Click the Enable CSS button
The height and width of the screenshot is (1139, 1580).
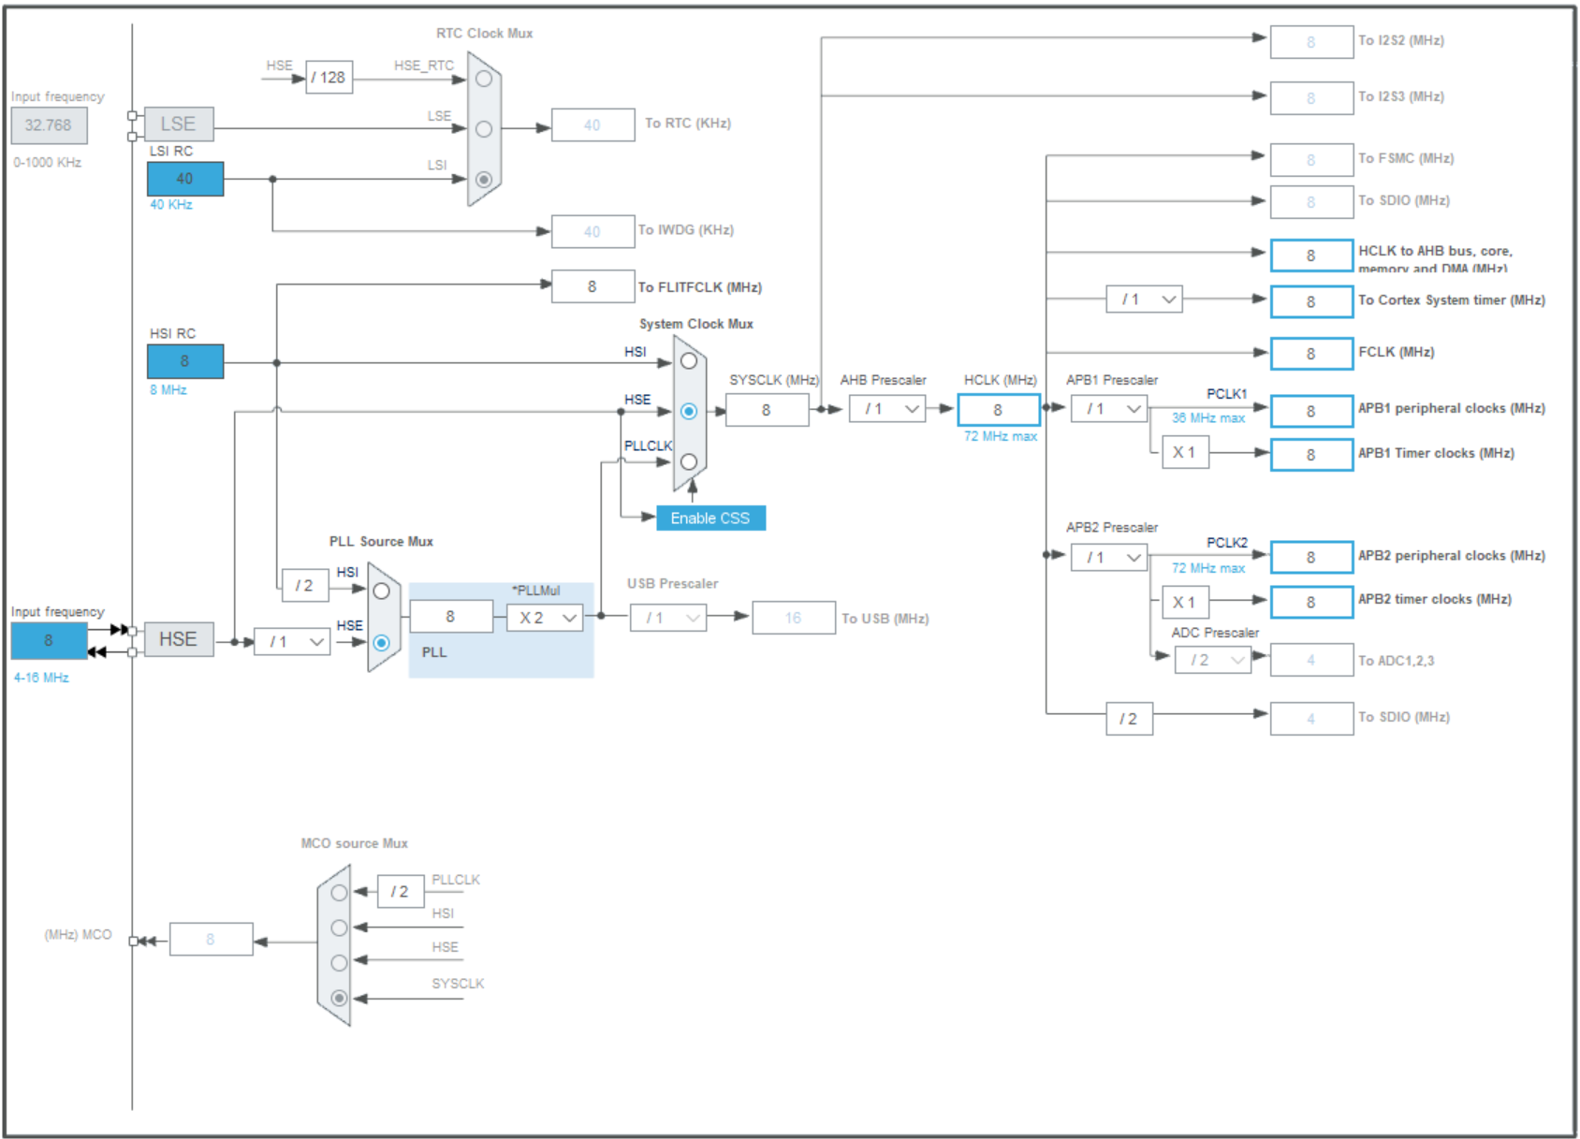[x=710, y=518]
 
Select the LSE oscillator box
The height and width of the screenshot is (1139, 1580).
[x=178, y=124]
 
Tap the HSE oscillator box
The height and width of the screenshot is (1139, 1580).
[x=178, y=639]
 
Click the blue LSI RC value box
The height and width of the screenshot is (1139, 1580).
[x=184, y=179]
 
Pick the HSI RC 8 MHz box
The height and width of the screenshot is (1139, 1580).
[x=184, y=361]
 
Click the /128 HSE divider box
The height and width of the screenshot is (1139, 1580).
[x=329, y=78]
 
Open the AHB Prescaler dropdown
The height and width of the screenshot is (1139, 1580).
[x=887, y=409]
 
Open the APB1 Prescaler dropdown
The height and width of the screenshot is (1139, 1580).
[x=1109, y=409]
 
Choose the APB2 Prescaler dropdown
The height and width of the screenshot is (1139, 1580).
[x=1109, y=558]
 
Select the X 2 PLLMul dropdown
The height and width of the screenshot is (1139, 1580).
[x=545, y=618]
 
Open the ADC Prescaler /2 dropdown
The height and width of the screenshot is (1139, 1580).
[x=1213, y=660]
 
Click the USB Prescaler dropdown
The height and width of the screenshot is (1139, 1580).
[x=668, y=618]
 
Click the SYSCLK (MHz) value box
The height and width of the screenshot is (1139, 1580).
[x=767, y=410]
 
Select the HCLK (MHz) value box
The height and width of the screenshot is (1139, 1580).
[x=998, y=410]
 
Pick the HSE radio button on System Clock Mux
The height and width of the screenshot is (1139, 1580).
[x=689, y=411]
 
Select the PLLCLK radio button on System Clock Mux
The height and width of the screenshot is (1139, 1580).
[x=689, y=461]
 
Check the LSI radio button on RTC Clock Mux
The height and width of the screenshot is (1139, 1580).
[x=484, y=179]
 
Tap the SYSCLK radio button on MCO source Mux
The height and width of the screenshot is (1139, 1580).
[x=339, y=998]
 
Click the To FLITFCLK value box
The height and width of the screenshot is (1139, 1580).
[x=592, y=286]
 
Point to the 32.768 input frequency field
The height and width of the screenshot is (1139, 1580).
[x=49, y=125]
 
